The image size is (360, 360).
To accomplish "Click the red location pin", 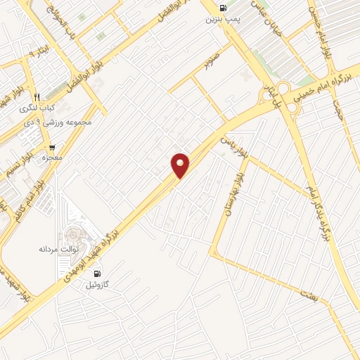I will (181, 165).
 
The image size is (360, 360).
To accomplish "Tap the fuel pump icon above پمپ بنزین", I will (224, 9).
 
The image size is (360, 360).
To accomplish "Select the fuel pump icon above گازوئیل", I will (97, 274).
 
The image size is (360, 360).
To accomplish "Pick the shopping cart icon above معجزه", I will (51, 147).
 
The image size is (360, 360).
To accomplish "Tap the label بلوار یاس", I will (236, 145).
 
